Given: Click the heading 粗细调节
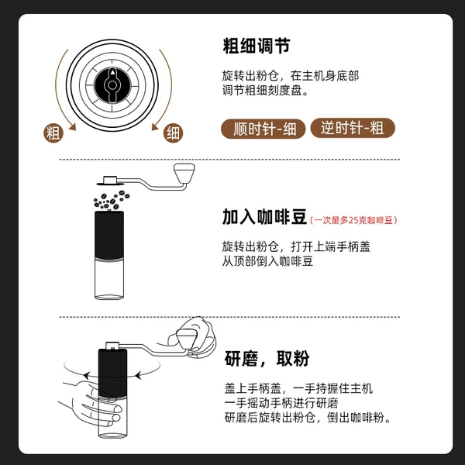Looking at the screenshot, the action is tap(257, 46).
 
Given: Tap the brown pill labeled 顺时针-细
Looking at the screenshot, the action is tap(263, 129).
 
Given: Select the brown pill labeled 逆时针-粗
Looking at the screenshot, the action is tap(353, 128).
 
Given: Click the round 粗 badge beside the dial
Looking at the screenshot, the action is tap(53, 133).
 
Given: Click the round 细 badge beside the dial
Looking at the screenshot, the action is tap(173, 133).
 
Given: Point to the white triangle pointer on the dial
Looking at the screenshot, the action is tap(112, 72).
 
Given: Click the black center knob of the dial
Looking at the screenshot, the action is tap(112, 85).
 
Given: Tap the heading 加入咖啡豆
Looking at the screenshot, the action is tap(264, 217).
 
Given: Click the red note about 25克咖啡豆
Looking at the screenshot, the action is tap(353, 220).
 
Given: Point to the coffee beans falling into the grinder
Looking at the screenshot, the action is tap(111, 200).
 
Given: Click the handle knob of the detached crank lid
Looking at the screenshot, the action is tap(184, 173).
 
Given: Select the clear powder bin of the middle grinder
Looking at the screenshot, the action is tap(109, 278).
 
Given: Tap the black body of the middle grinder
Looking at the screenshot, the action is tap(109, 235).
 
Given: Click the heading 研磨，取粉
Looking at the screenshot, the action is tap(267, 359).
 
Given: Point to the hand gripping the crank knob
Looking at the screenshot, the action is tap(193, 336).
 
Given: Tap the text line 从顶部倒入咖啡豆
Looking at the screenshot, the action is tap(267, 261).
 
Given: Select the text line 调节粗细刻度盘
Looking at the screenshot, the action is tap(265, 91).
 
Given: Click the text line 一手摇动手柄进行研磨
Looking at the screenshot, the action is tap(281, 403).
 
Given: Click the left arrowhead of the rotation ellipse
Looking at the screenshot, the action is tap(86, 376).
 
